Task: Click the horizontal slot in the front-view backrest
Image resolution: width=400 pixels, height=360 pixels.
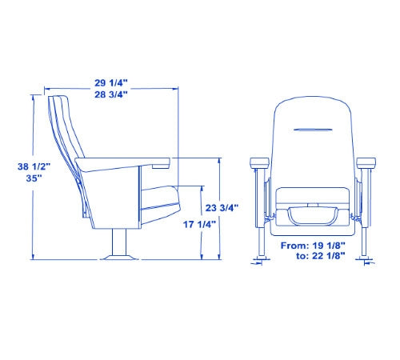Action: pos(314,129)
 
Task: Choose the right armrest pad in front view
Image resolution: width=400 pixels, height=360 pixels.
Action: pos(367,162)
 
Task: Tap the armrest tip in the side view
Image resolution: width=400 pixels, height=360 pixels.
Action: pos(164,162)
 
